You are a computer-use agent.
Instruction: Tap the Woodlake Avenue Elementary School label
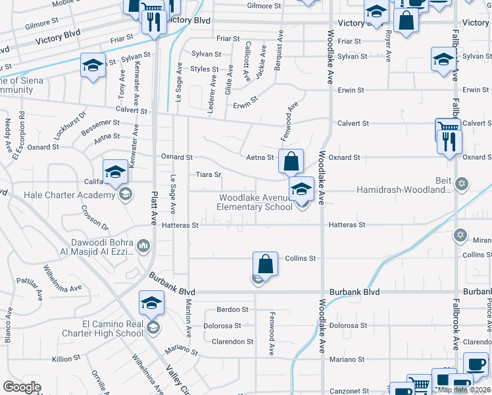click(x=255, y=202)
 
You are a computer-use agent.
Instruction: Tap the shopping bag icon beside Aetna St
click(x=290, y=160)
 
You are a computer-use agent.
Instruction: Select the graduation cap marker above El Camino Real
click(x=151, y=303)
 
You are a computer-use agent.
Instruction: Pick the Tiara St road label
click(x=208, y=174)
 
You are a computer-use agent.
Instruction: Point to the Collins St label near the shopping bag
click(x=301, y=258)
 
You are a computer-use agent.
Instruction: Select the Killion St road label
click(x=66, y=358)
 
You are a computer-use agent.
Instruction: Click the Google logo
click(x=22, y=387)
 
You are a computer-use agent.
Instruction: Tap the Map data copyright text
click(x=463, y=390)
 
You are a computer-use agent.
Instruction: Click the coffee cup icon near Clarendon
click(x=476, y=364)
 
